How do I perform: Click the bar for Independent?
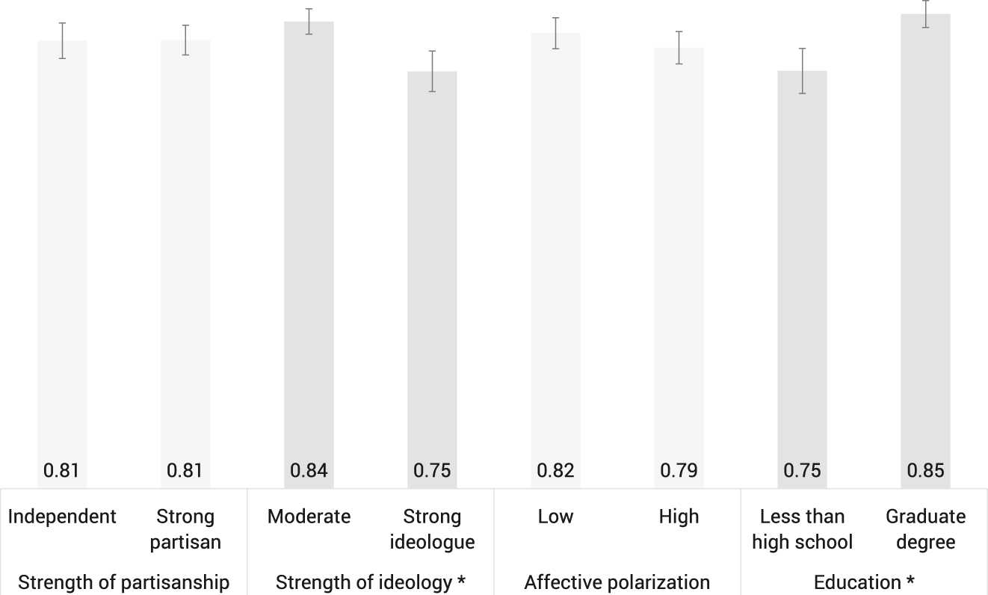click(62, 254)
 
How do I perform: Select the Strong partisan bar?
click(185, 254)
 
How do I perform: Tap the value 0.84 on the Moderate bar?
click(309, 471)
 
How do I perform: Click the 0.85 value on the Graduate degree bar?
click(925, 471)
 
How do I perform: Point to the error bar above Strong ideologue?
click(432, 71)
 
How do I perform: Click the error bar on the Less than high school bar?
click(802, 70)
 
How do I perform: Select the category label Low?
click(555, 517)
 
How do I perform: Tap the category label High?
click(679, 517)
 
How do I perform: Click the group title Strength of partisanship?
click(123, 582)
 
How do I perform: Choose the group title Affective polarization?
click(617, 582)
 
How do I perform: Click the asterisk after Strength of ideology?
click(461, 581)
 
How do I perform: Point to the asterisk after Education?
click(910, 581)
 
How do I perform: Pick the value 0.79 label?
click(679, 471)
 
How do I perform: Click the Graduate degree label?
click(925, 528)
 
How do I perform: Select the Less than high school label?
click(802, 528)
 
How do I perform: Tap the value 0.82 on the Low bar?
click(555, 471)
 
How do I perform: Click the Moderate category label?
click(309, 517)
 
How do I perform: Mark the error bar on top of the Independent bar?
click(62, 40)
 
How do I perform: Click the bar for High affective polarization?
click(679, 254)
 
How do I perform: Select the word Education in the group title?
click(856, 582)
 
